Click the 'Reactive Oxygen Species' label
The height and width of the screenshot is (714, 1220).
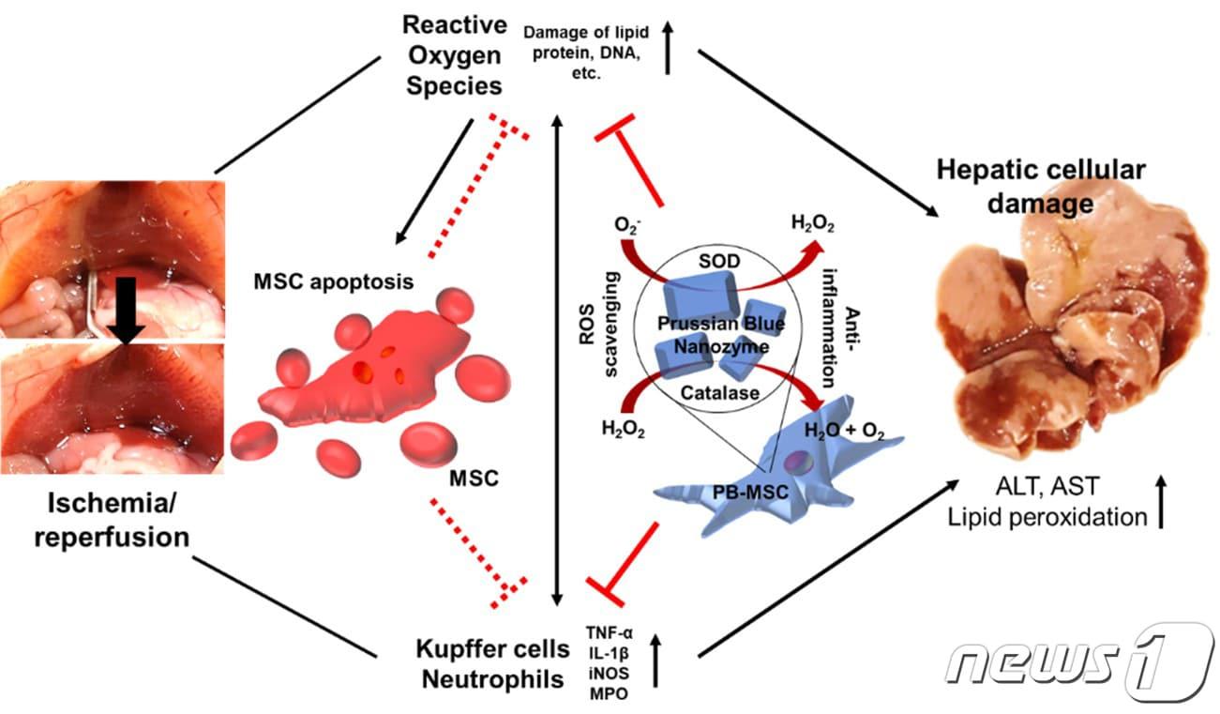tap(454, 55)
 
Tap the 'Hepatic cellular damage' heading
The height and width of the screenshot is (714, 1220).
tap(1041, 187)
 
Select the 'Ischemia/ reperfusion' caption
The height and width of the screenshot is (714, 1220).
tap(112, 520)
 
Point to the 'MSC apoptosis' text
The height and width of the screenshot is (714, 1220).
tap(333, 281)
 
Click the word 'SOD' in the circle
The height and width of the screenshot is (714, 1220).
tap(719, 261)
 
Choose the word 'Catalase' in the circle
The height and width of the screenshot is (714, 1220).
tap(720, 392)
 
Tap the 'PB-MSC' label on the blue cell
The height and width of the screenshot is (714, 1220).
tap(750, 493)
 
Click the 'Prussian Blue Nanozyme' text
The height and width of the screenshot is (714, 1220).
tap(721, 335)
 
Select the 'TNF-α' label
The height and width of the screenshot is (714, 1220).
tap(610, 632)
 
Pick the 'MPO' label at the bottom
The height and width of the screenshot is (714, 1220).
tap(609, 694)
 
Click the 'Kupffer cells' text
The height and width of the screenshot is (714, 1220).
tap(492, 649)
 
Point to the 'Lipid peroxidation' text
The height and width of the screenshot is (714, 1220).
tap(1047, 517)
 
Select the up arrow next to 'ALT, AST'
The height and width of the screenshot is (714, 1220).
tap(1161, 501)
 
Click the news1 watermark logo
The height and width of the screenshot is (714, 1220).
tap(1081, 662)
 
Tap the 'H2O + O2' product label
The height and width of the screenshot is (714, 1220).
tap(844, 432)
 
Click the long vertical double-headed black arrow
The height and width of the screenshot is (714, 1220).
tap(557, 360)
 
